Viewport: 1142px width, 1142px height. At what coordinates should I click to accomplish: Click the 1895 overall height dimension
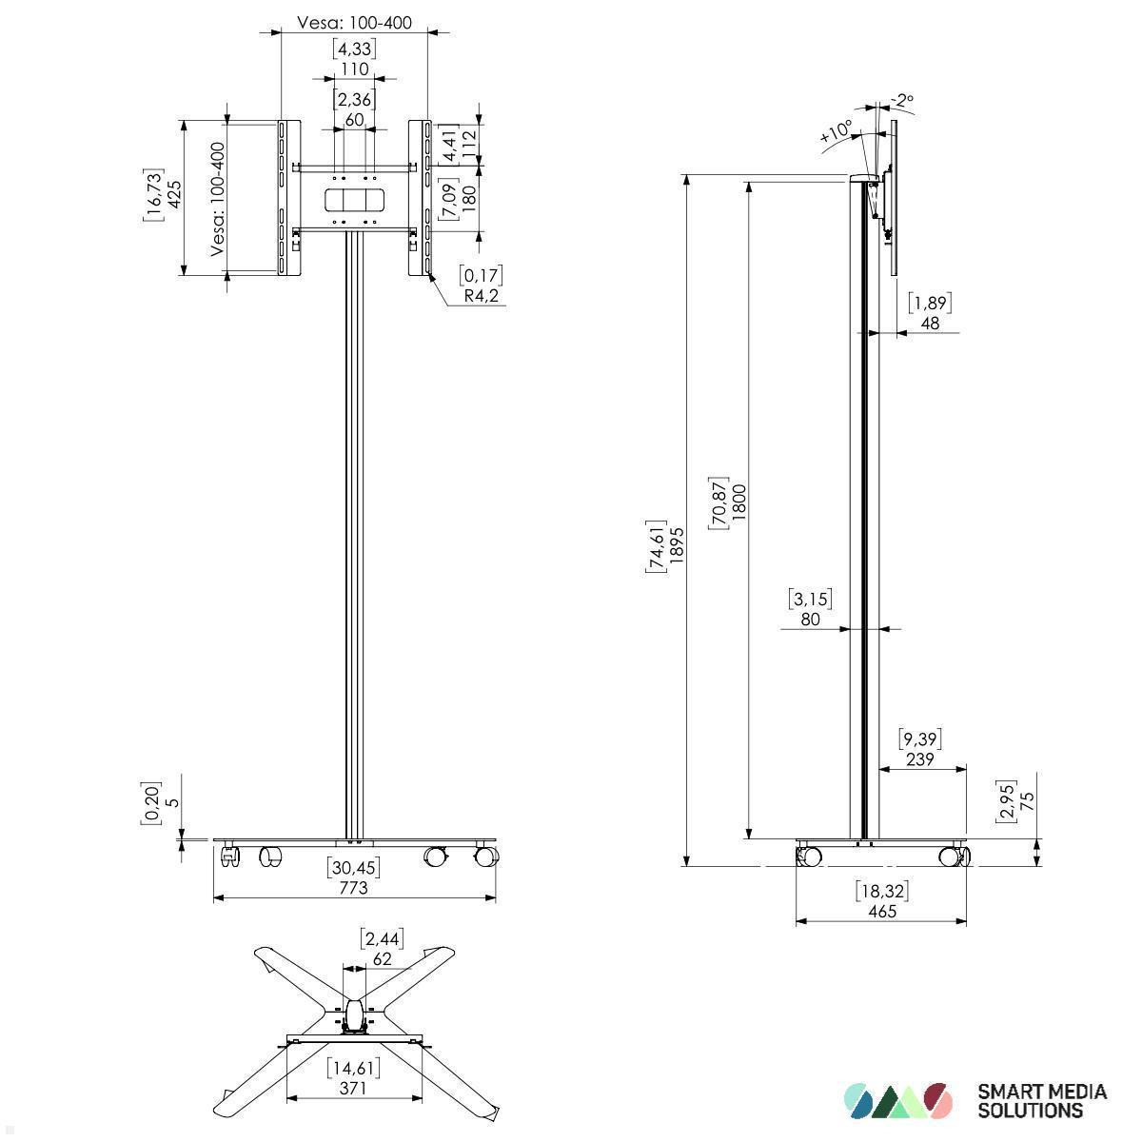click(677, 545)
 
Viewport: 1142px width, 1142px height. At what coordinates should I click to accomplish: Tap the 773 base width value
click(353, 887)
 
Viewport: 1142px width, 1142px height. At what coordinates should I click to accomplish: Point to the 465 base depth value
click(882, 911)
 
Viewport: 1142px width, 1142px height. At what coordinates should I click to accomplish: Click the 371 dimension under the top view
click(353, 1089)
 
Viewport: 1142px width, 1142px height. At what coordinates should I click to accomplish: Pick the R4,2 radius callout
click(482, 296)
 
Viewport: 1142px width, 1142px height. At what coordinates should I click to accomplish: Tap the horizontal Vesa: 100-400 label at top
click(354, 22)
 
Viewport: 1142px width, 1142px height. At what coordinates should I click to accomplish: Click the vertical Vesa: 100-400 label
click(218, 199)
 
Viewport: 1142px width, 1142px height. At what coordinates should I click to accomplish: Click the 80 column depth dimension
click(811, 619)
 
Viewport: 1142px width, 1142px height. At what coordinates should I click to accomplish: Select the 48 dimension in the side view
click(930, 323)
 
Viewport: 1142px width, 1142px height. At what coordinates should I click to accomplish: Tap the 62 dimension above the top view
click(382, 958)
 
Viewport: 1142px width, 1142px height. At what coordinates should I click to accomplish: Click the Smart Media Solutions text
click(1042, 1100)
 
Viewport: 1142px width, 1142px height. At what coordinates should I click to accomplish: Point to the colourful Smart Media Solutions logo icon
click(897, 1100)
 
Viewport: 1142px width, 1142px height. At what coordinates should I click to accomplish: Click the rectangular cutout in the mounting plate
click(354, 201)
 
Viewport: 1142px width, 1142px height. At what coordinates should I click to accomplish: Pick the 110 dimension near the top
click(354, 69)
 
